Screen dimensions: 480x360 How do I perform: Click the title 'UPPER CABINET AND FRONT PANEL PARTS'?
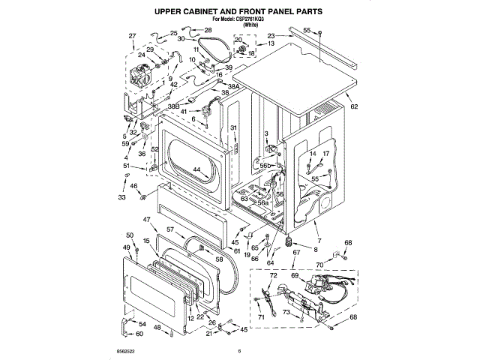click(238, 12)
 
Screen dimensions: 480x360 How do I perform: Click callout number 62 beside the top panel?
click(355, 106)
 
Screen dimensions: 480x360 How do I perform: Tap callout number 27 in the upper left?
click(132, 36)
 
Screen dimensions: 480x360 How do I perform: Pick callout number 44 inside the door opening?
click(196, 169)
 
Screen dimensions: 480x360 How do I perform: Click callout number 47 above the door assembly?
click(147, 220)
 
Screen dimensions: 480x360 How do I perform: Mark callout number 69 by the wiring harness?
click(294, 276)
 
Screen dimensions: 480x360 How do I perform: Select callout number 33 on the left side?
click(122, 197)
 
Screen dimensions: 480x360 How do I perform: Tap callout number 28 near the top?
click(208, 30)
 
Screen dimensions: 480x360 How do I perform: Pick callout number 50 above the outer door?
click(129, 235)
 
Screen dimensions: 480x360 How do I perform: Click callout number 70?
click(319, 265)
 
